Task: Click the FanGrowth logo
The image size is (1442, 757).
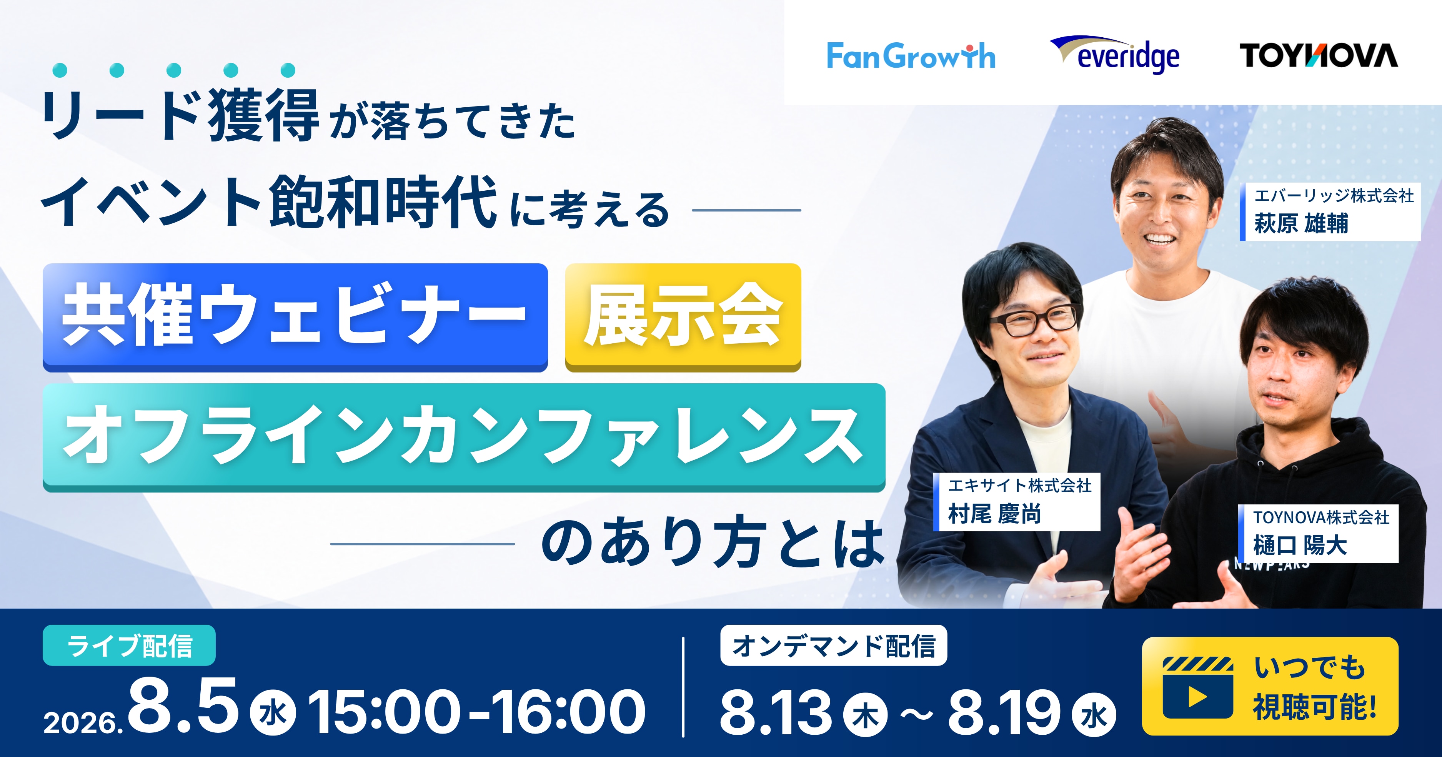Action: (x=911, y=56)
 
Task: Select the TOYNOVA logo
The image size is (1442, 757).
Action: (x=1318, y=55)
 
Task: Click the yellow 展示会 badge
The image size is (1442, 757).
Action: (x=683, y=317)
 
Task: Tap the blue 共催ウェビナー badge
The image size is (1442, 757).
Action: (x=295, y=317)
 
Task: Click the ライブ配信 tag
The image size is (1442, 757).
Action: (x=129, y=645)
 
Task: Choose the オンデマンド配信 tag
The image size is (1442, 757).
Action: (x=834, y=645)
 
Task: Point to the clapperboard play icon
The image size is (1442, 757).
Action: (x=1197, y=688)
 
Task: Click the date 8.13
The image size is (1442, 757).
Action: (x=776, y=712)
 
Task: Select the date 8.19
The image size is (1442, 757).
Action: (x=1004, y=712)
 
